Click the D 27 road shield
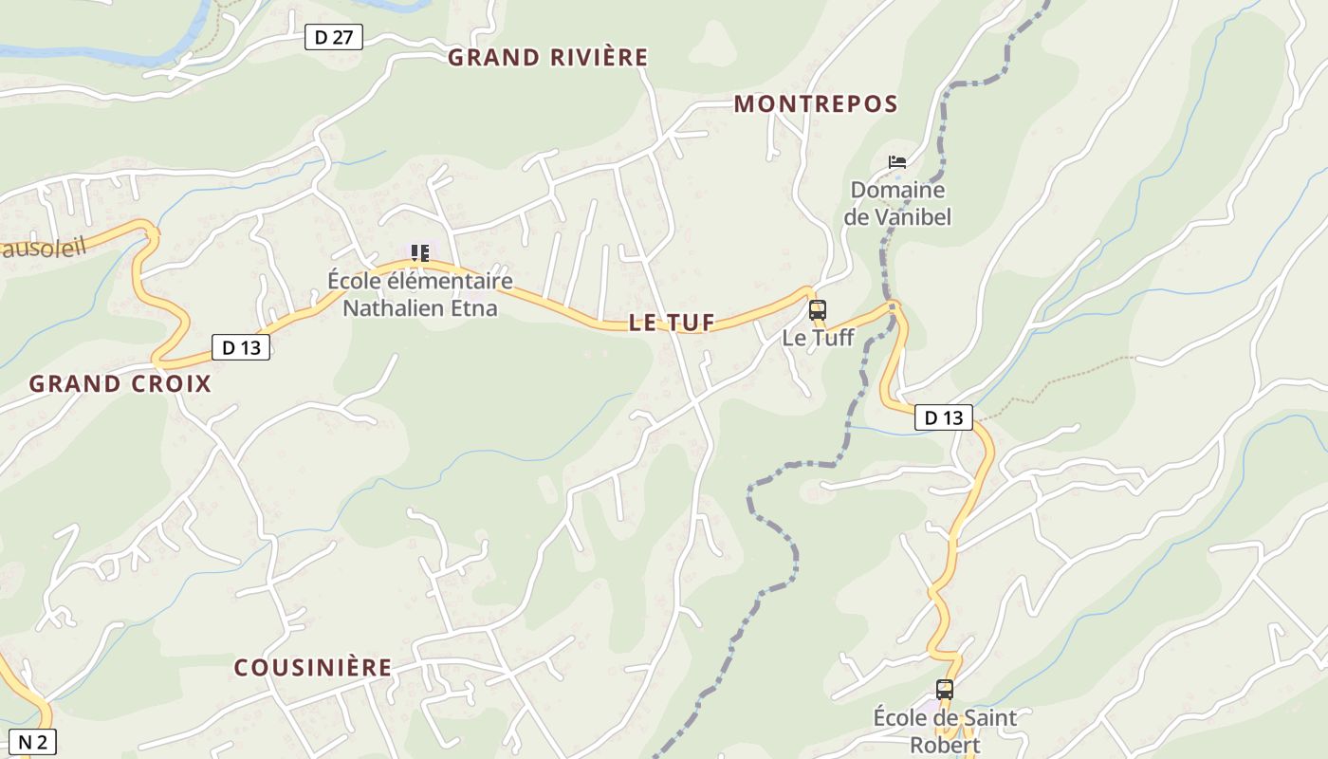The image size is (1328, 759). tap(334, 38)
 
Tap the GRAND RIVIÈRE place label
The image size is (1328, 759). tap(548, 58)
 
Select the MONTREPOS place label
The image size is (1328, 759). tap(816, 104)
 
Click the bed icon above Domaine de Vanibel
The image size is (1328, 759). tap(897, 162)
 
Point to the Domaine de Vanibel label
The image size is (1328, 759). tap(897, 203)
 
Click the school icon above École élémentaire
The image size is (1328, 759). tap(419, 253)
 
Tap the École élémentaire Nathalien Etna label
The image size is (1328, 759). tap(419, 294)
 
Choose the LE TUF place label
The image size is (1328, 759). tap(672, 323)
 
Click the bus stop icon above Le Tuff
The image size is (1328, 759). tap(817, 310)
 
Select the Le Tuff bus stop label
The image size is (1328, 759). tap(818, 338)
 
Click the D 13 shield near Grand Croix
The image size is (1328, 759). tap(241, 347)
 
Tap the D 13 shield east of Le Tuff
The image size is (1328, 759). tap(944, 417)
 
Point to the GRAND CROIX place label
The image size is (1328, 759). tap(120, 384)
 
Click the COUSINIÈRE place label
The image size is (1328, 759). tap(313, 668)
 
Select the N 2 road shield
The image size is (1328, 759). tap(32, 742)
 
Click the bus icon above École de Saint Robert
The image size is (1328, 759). tap(945, 690)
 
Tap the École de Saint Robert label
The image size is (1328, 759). tap(945, 731)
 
